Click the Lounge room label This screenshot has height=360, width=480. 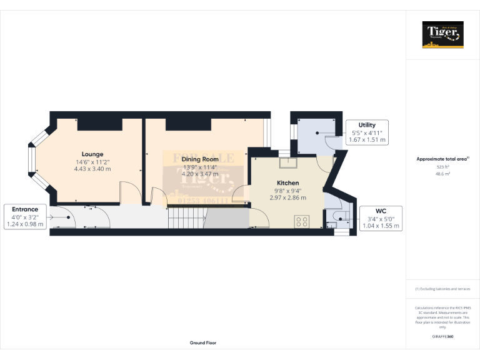click(92, 154)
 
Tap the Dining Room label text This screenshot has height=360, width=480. click(200, 159)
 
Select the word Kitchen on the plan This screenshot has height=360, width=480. click(288, 182)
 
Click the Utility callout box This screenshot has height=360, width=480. click(367, 132)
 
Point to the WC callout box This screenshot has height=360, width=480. click(380, 219)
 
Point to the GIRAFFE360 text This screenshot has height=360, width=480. click(443, 336)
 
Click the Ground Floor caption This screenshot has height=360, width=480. click(203, 343)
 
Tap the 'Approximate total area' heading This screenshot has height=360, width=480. click(442, 159)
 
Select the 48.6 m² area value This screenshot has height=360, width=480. click(443, 174)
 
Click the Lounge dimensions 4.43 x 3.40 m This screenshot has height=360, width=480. click(92, 169)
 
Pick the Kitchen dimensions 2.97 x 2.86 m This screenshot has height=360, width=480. click(288, 197)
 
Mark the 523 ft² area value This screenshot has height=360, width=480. click(443, 167)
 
